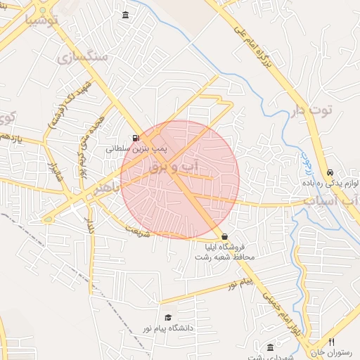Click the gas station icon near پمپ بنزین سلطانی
coord(135,138)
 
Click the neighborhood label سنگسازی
coord(84,57)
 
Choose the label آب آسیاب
coord(330,202)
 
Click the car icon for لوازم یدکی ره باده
coord(330,172)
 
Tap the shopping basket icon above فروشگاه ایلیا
coord(224,237)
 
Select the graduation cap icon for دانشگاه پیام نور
coord(167,318)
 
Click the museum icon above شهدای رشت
coord(271,348)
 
